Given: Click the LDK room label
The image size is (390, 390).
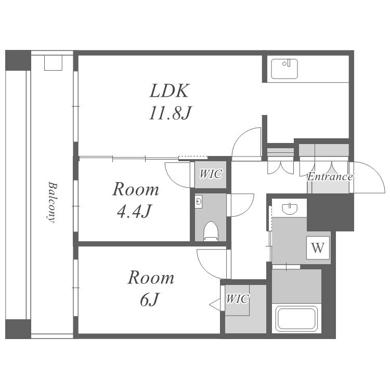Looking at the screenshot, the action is click(x=170, y=90).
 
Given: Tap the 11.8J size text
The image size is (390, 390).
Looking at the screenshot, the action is click(x=170, y=113).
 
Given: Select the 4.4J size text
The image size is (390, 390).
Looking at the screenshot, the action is click(x=134, y=212).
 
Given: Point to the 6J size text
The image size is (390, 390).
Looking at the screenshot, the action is click(x=149, y=300).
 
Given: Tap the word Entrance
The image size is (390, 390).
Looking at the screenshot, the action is click(x=330, y=177).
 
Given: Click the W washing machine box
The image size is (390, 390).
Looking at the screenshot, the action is click(x=318, y=248).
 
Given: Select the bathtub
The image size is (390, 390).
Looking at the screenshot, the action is click(x=296, y=319).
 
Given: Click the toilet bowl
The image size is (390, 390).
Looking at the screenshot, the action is click(x=211, y=231).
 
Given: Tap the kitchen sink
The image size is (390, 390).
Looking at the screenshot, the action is click(x=284, y=69).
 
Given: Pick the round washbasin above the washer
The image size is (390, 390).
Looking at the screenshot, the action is click(x=290, y=209).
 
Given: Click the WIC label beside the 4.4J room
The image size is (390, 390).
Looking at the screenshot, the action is click(x=211, y=174).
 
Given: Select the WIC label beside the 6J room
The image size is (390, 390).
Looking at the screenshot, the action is click(x=237, y=298).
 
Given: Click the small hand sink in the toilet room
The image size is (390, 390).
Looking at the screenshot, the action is click(x=199, y=202).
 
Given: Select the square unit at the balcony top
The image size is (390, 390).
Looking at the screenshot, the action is click(x=53, y=63).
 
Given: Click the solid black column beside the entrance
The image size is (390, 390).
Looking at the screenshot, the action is click(x=330, y=212).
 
